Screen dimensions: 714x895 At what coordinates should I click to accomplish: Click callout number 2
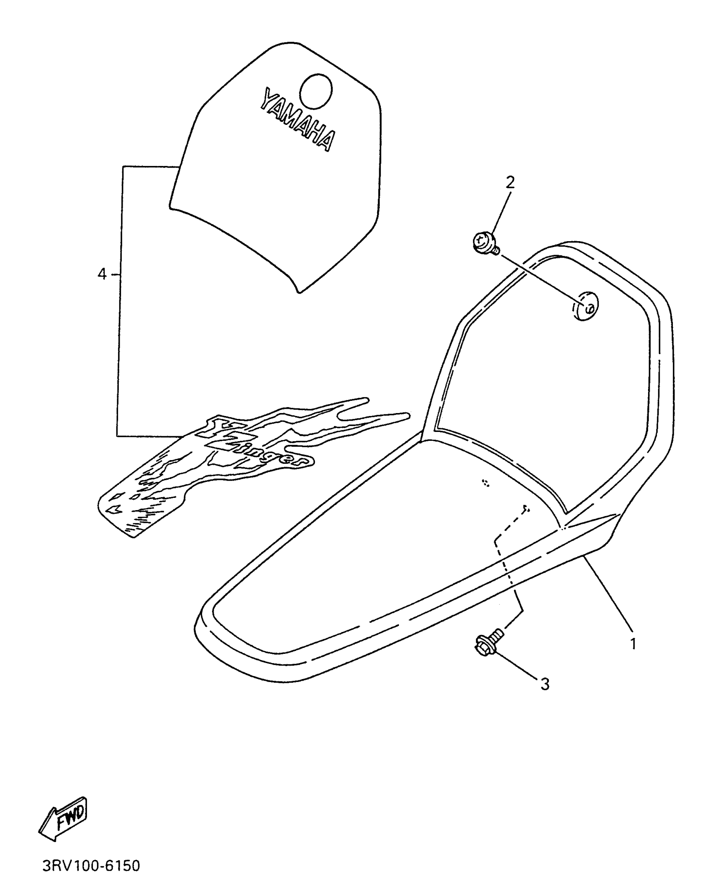pyautogui.click(x=509, y=182)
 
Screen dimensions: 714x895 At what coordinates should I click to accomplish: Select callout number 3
pyautogui.click(x=545, y=684)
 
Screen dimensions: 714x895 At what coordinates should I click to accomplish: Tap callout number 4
pyautogui.click(x=102, y=274)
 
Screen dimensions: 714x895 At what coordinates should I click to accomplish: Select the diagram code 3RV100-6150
pyautogui.click(x=91, y=866)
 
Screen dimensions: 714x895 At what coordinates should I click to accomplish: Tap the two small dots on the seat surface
pyautogui.click(x=486, y=483)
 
